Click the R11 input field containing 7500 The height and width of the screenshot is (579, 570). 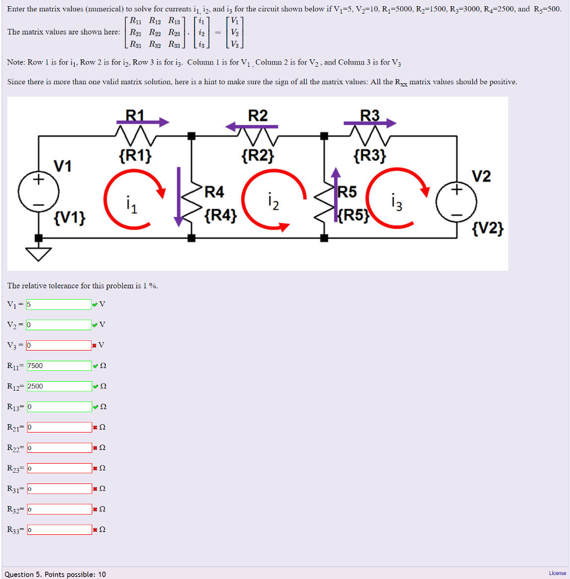(59, 366)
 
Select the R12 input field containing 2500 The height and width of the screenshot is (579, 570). (59, 386)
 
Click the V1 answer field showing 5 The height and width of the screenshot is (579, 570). (59, 304)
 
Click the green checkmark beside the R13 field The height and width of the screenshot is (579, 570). (95, 407)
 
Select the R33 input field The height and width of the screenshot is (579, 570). (59, 530)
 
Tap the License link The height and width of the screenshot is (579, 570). (557, 573)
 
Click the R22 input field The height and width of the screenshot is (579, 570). (59, 448)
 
